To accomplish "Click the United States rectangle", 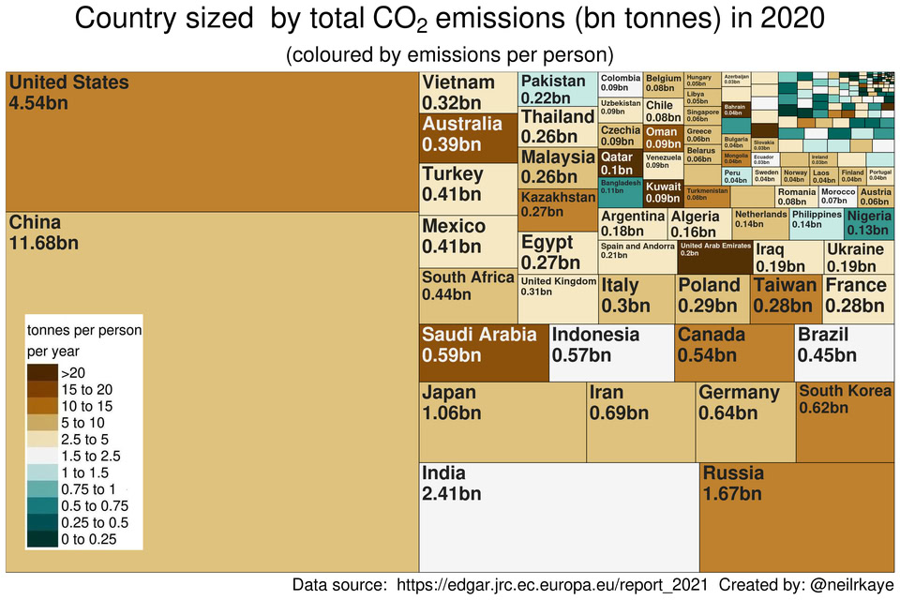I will tap(212, 141).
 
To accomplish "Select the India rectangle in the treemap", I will tap(559, 516).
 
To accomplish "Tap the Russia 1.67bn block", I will tap(797, 516).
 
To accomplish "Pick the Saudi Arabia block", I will tap(484, 352).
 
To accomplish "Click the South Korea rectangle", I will tap(845, 422).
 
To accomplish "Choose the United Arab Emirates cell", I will tap(714, 257).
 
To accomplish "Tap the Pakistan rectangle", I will tap(558, 89).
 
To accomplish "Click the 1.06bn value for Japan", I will tap(449, 412).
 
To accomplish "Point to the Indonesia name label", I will tap(595, 335).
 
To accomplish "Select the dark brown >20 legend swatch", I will tap(42, 372).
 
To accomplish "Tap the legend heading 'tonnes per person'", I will tap(84, 330).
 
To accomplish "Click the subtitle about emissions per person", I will tap(450, 54).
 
